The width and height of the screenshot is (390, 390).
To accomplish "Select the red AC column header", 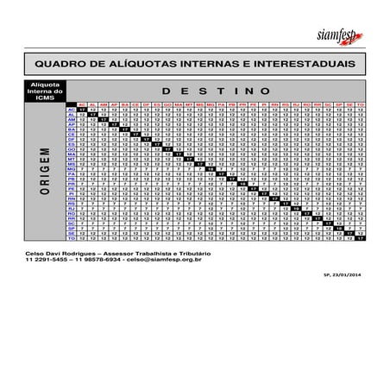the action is tap(82, 104).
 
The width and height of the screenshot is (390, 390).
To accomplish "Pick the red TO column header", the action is tap(361, 104).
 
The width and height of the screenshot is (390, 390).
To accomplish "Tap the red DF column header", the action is tap(146, 104).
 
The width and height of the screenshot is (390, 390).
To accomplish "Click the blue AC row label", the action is tap(72, 110).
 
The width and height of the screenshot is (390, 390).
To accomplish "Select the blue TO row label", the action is tap(72, 238).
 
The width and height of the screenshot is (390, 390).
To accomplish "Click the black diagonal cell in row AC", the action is tap(82, 110).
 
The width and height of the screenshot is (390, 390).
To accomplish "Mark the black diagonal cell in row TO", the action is tap(361, 238).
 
